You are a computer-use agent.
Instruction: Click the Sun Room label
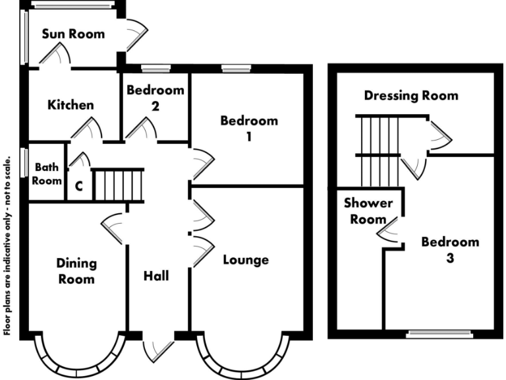[x=73, y=34]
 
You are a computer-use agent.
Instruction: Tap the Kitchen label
[x=70, y=105]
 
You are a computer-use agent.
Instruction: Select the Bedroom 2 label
[x=155, y=97]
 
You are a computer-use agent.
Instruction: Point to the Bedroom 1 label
[x=249, y=128]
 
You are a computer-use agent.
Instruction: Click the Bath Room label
[x=48, y=174]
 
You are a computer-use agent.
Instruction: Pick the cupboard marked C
[x=78, y=186]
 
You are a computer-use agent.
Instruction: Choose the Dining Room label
[x=76, y=270]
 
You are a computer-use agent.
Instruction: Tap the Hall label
[x=156, y=275]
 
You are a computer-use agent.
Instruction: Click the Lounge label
[x=246, y=259]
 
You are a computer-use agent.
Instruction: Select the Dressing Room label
[x=411, y=96]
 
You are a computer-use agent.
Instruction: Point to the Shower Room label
[x=367, y=211]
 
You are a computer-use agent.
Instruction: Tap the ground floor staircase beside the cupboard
[x=118, y=185]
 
